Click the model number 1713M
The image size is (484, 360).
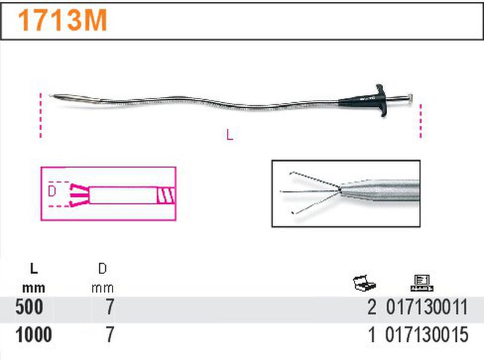pos(63,22)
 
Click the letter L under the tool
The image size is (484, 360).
pos(229,136)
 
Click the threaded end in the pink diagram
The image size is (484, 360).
pos(164,195)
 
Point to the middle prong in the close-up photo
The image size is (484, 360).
pos(309,192)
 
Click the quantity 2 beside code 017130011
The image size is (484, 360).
pos(371,308)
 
